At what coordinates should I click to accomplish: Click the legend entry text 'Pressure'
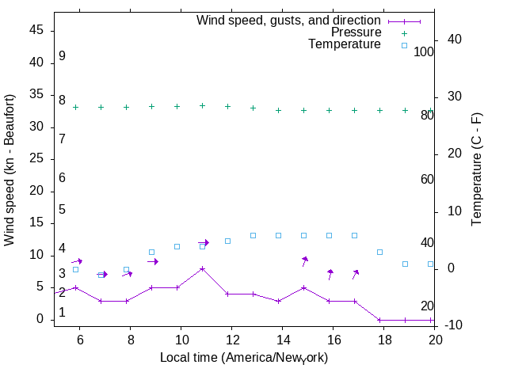pyautogui.click(x=356, y=32)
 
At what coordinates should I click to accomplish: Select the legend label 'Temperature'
pyautogui.click(x=345, y=44)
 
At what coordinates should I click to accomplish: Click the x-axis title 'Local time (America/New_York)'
pyautogui.click(x=243, y=358)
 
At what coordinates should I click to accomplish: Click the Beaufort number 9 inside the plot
pyautogui.click(x=62, y=56)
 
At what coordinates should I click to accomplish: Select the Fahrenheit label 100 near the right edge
pyautogui.click(x=424, y=51)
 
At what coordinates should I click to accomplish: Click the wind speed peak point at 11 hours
pyautogui.click(x=203, y=268)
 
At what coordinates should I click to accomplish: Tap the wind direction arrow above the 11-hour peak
pyautogui.click(x=204, y=242)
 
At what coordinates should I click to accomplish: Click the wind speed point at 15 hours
pyautogui.click(x=304, y=287)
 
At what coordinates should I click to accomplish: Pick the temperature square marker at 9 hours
pyautogui.click(x=152, y=252)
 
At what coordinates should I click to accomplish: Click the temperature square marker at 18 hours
pyautogui.click(x=380, y=252)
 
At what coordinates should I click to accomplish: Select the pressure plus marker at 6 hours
pyautogui.click(x=76, y=107)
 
